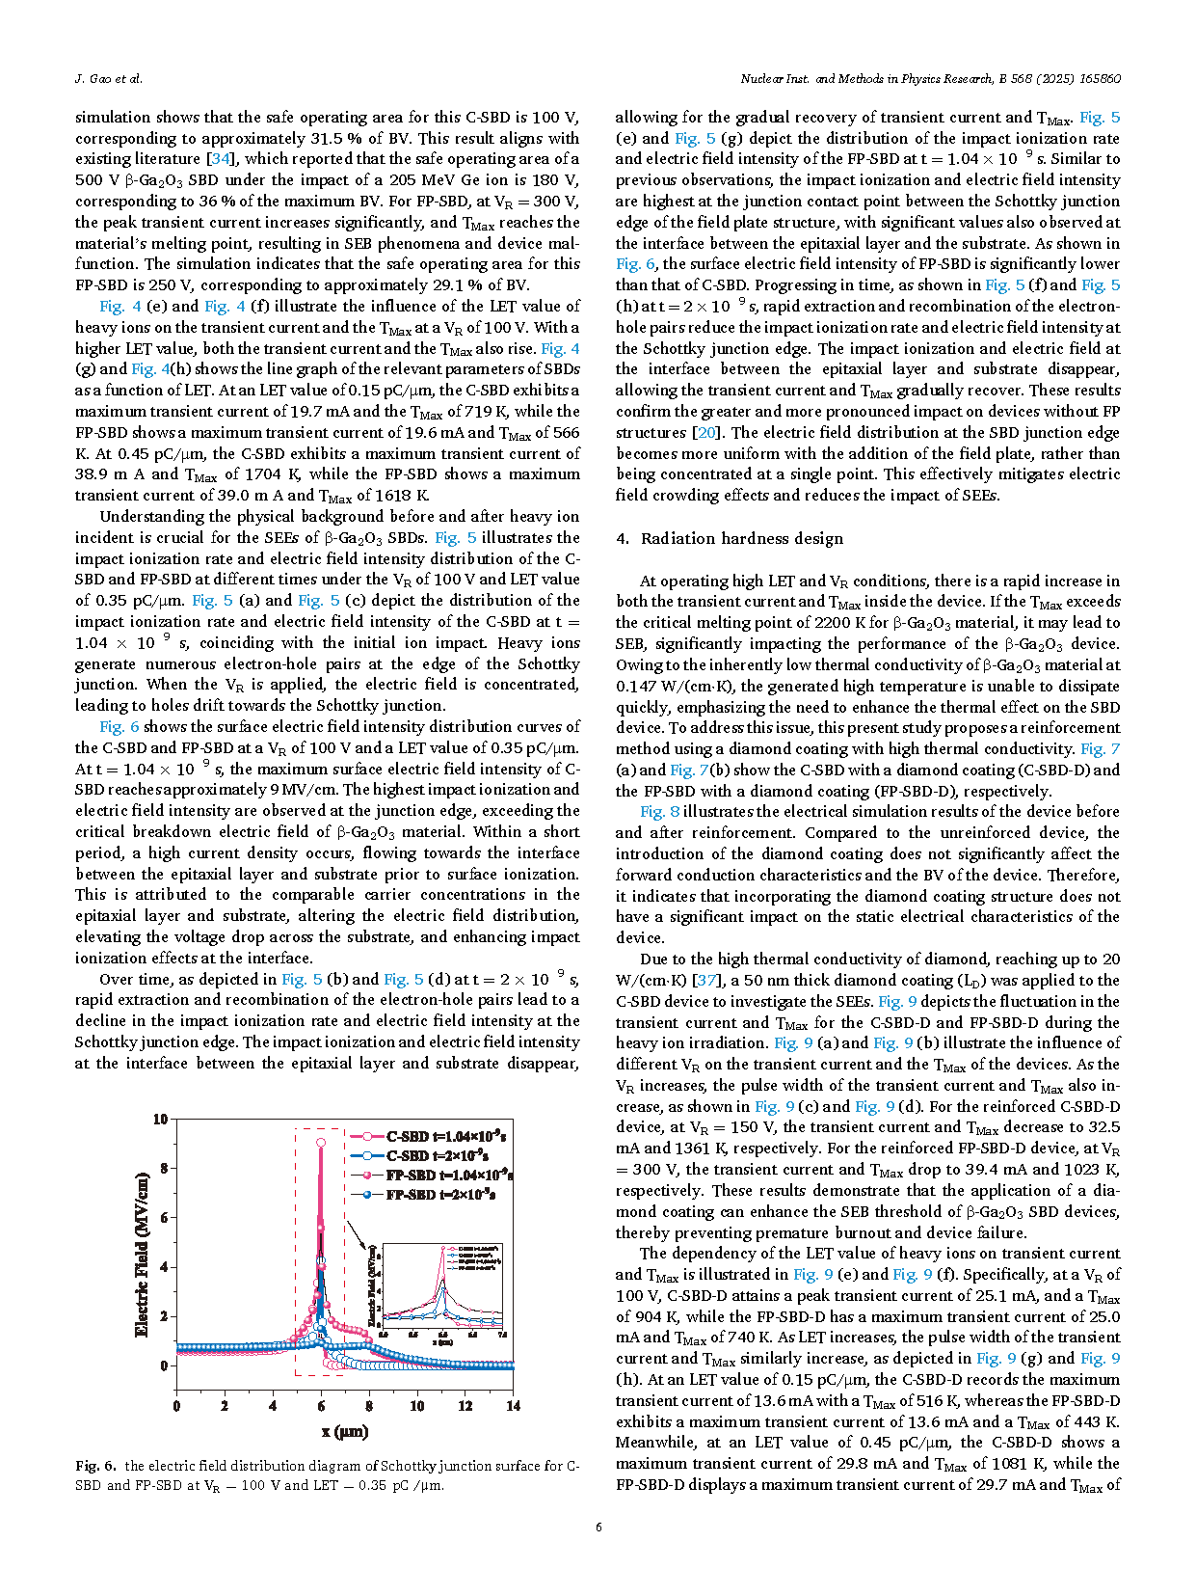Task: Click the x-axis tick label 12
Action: pos(465,1406)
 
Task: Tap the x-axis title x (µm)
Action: pos(345,1432)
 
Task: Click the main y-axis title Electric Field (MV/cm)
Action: pos(143,1254)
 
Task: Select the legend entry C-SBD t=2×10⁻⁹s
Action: pos(437,1155)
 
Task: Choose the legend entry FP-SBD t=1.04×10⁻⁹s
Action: pos(449,1176)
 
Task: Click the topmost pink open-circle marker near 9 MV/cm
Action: pos(321,1143)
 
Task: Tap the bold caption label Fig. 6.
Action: pos(95,1466)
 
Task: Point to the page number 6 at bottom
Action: pos(598,1527)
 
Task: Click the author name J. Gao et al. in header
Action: pos(108,79)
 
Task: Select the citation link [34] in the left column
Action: pos(221,159)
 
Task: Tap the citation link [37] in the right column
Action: pos(706,981)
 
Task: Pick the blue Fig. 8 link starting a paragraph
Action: pos(660,812)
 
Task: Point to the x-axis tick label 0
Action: pos(176,1406)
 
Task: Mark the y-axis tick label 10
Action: pos(160,1119)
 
